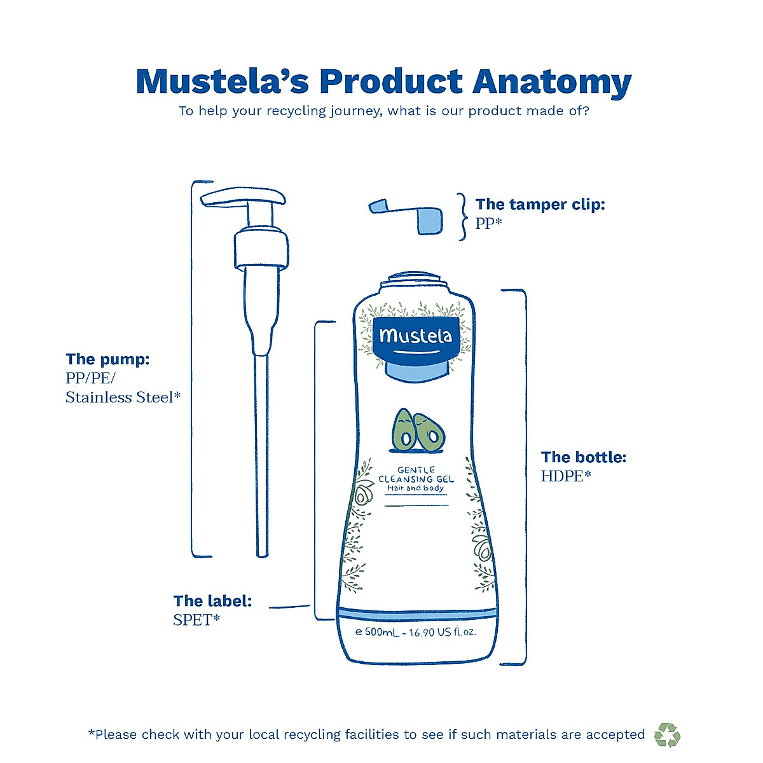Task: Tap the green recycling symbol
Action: (x=667, y=734)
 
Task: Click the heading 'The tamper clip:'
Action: (x=540, y=204)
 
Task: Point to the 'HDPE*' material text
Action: (x=566, y=476)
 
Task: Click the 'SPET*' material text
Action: (x=196, y=620)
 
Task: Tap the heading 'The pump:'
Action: (x=108, y=359)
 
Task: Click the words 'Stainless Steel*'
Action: (x=123, y=397)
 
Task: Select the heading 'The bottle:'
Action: (x=584, y=457)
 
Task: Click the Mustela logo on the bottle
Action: (x=415, y=337)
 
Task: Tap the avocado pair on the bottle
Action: (x=417, y=430)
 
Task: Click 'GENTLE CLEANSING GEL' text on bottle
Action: (x=416, y=475)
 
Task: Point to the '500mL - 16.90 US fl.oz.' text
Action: (x=416, y=633)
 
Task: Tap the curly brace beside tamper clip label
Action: (x=463, y=217)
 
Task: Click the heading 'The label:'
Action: (x=212, y=601)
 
